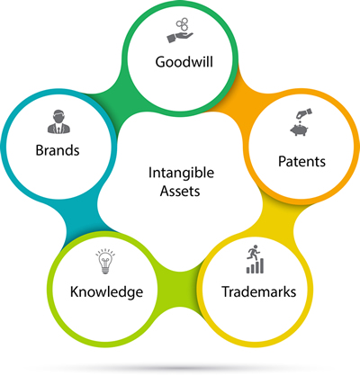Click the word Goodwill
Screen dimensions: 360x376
click(184, 62)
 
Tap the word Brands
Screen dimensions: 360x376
click(58, 150)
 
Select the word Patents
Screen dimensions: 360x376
click(301, 161)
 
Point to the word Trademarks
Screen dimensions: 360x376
click(259, 291)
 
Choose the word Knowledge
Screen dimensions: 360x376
click(106, 292)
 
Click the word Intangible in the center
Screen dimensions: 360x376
click(181, 173)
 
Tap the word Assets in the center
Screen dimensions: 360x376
click(180, 191)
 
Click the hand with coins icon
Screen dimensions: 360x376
click(180, 31)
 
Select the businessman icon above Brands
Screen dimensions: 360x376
click(58, 121)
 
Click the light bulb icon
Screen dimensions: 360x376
click(105, 261)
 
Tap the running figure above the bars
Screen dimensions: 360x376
click(253, 252)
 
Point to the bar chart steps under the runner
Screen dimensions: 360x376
click(256, 266)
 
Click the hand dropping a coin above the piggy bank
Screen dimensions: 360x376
click(304, 114)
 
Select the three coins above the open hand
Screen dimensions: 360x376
click(182, 24)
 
